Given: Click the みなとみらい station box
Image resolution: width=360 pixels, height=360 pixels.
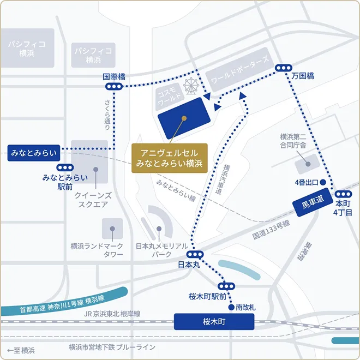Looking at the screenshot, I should [x=33, y=153].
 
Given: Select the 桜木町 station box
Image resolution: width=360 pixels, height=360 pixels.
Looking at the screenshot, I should [x=214, y=322].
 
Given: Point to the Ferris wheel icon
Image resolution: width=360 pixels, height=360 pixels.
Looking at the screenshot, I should [x=191, y=86].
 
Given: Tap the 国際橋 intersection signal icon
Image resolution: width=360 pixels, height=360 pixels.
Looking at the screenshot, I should [x=115, y=87].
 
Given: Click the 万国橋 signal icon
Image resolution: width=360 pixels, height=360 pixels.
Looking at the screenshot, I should [x=283, y=67].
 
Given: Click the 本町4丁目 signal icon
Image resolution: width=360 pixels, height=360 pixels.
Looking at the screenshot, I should [x=344, y=194].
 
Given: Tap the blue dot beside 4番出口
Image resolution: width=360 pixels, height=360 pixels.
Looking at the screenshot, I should [x=323, y=182].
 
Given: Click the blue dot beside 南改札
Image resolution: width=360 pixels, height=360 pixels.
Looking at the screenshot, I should [x=231, y=307].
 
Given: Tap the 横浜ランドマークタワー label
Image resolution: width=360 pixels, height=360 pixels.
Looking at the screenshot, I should [x=98, y=250].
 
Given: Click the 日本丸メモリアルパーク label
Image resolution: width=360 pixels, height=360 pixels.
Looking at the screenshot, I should [x=161, y=250].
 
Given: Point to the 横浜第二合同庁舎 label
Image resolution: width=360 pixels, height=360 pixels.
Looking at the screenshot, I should [x=293, y=141].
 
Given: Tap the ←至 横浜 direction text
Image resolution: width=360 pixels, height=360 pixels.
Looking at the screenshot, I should [x=21, y=350].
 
